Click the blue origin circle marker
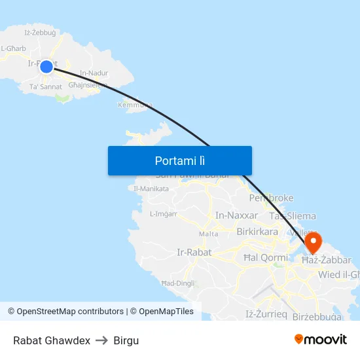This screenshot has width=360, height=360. (46, 67)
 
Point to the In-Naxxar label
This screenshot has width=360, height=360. (233, 215)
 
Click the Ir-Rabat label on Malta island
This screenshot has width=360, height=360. (193, 253)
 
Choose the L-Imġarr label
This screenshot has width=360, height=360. (164, 213)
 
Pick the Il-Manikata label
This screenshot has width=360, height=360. (147, 189)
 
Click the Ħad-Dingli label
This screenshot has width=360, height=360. (177, 283)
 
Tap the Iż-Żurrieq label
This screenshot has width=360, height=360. (266, 314)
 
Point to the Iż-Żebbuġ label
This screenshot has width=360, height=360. (40, 32)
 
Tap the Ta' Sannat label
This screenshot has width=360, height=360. (46, 86)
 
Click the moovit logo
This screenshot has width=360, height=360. (320, 339)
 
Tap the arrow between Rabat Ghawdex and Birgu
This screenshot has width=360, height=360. (101, 340)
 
